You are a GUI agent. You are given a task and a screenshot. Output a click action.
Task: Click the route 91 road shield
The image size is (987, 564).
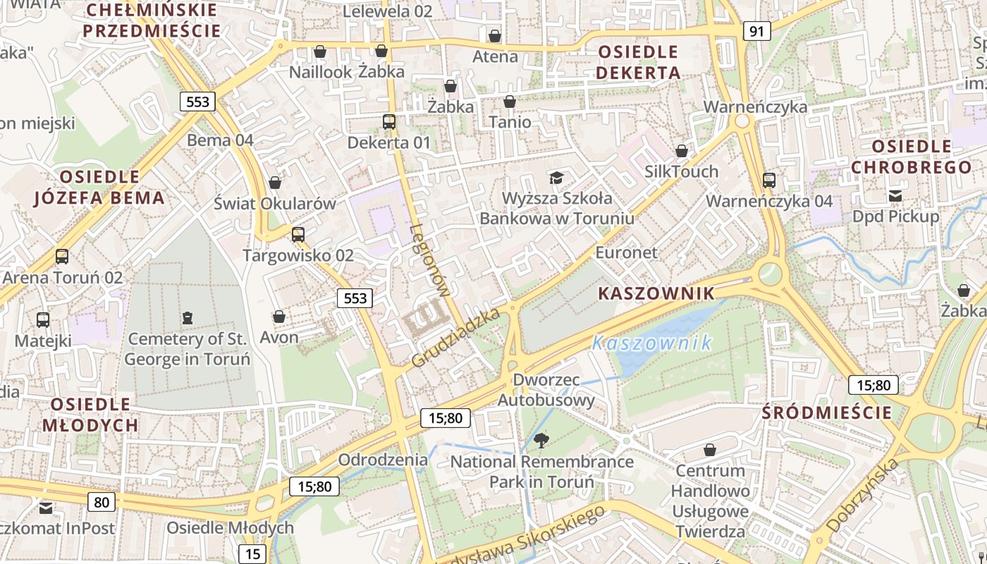pyautogui.click(x=756, y=31)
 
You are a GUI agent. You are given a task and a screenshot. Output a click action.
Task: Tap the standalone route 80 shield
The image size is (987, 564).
pyautogui.click(x=102, y=502)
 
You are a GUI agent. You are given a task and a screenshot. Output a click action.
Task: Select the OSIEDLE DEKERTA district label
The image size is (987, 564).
pyautogui.click(x=638, y=62)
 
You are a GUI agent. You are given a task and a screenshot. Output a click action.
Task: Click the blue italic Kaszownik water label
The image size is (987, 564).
pyautogui.click(x=651, y=343)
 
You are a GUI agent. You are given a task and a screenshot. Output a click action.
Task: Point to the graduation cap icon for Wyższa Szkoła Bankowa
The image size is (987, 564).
pyautogui.click(x=557, y=177)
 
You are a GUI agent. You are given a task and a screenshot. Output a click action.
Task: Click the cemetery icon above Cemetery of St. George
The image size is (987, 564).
pyautogui.click(x=187, y=318)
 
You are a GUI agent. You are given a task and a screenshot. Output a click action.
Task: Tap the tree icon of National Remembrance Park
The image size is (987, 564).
pyautogui.click(x=541, y=441)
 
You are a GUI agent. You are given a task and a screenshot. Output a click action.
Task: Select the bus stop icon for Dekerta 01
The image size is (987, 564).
pyautogui.click(x=389, y=122)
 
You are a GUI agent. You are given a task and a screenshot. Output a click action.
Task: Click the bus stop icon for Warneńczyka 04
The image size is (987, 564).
pyautogui.click(x=769, y=180)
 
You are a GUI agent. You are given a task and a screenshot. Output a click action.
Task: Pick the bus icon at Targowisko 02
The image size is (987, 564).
pyautogui.click(x=298, y=235)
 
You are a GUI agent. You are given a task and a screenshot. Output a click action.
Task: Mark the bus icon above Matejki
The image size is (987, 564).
pyautogui.click(x=43, y=320)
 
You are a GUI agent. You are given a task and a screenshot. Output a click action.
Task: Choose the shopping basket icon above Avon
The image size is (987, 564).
pyautogui.click(x=279, y=317)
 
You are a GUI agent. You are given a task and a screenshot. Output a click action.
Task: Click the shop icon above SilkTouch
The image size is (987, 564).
pyautogui.click(x=681, y=151)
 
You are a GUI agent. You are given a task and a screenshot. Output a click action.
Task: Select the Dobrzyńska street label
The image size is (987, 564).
pyautogui.click(x=863, y=495)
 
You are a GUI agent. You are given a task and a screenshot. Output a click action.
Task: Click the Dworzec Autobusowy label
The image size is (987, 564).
pyautogui.click(x=546, y=390)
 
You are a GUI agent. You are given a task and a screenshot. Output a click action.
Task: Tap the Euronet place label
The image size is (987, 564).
pyautogui.click(x=626, y=252)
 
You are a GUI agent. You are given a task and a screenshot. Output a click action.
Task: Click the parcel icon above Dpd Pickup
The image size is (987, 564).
pyautogui.click(x=895, y=196)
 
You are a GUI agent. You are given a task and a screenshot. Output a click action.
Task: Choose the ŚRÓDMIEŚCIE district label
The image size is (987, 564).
pyautogui.click(x=827, y=412)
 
